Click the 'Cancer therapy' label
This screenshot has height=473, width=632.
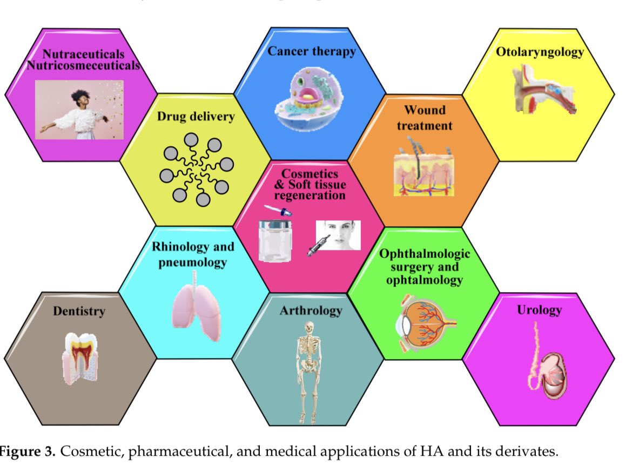[x=312, y=52]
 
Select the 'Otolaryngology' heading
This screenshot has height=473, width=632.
[x=540, y=52]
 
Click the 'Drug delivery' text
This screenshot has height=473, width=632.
[x=196, y=117]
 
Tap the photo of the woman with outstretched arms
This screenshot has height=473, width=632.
[x=79, y=110]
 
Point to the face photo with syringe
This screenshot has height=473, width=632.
[x=338, y=235]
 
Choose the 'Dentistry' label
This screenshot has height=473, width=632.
[x=79, y=310]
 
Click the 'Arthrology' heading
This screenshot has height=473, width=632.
[x=311, y=310]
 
